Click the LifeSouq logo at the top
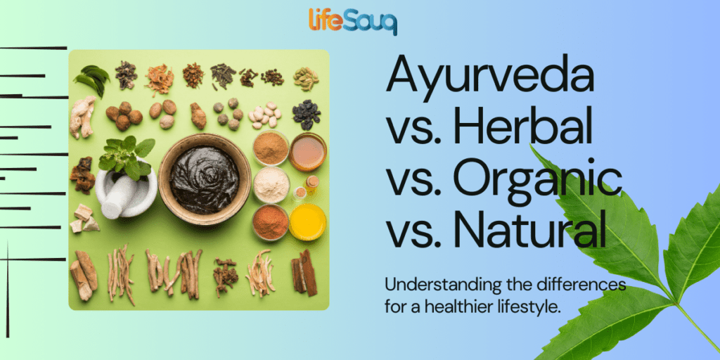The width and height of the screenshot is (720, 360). [x=353, y=20]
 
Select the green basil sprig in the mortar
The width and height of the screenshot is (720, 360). [x=127, y=155]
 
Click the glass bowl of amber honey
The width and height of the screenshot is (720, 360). [x=307, y=150]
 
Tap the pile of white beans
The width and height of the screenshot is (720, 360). [x=266, y=115]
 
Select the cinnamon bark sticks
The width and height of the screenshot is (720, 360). [x=304, y=273]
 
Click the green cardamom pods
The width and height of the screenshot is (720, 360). [x=306, y=78]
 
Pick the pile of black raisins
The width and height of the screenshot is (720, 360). [x=307, y=113]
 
